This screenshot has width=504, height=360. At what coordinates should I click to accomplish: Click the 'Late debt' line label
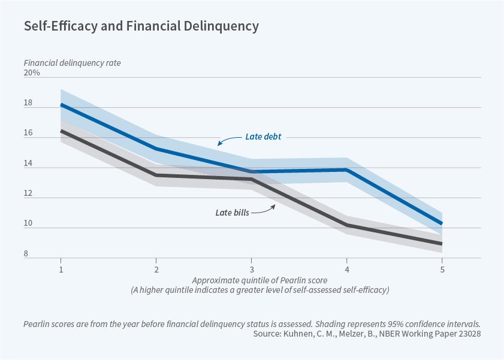coord(263,137)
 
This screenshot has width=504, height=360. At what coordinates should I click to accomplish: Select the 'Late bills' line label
coord(232,212)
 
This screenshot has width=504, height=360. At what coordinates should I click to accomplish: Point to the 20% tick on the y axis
coord(32,73)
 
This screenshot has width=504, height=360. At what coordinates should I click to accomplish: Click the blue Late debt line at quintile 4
coord(346,170)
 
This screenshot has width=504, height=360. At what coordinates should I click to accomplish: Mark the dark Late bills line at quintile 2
coord(156,176)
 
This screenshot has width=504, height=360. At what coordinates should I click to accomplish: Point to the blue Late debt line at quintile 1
coord(61,105)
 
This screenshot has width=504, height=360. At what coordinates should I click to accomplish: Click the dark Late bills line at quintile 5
coord(442,244)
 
